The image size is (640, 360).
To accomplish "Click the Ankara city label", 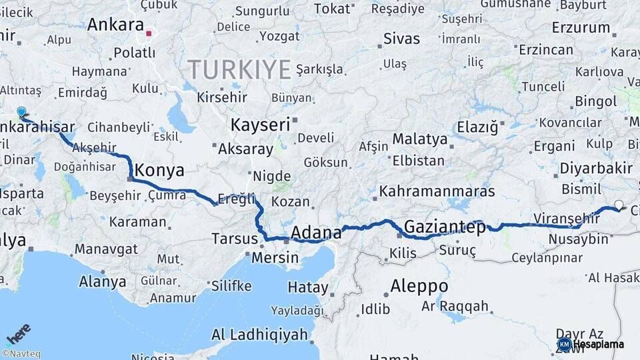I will tap(115, 25).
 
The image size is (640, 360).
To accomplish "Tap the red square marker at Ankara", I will tap(150, 31).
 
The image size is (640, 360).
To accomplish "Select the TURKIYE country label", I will tap(239, 69).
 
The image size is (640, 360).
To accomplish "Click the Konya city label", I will tap(159, 171).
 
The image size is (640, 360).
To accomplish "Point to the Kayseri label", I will tap(260, 125).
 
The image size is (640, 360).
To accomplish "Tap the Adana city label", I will tap(316, 233).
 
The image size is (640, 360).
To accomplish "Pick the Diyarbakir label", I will tap(595, 167).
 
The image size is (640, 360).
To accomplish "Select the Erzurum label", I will tap(581, 28).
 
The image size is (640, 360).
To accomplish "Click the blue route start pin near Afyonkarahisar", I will tap(21, 113).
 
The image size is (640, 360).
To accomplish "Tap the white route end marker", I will tap(619, 205).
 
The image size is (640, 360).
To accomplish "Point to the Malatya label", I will tap(419, 139).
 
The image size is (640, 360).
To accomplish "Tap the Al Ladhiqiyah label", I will tap(259, 334).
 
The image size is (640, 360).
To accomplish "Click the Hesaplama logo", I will tap(591, 344).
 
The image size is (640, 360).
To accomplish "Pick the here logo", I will tap(18, 334).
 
